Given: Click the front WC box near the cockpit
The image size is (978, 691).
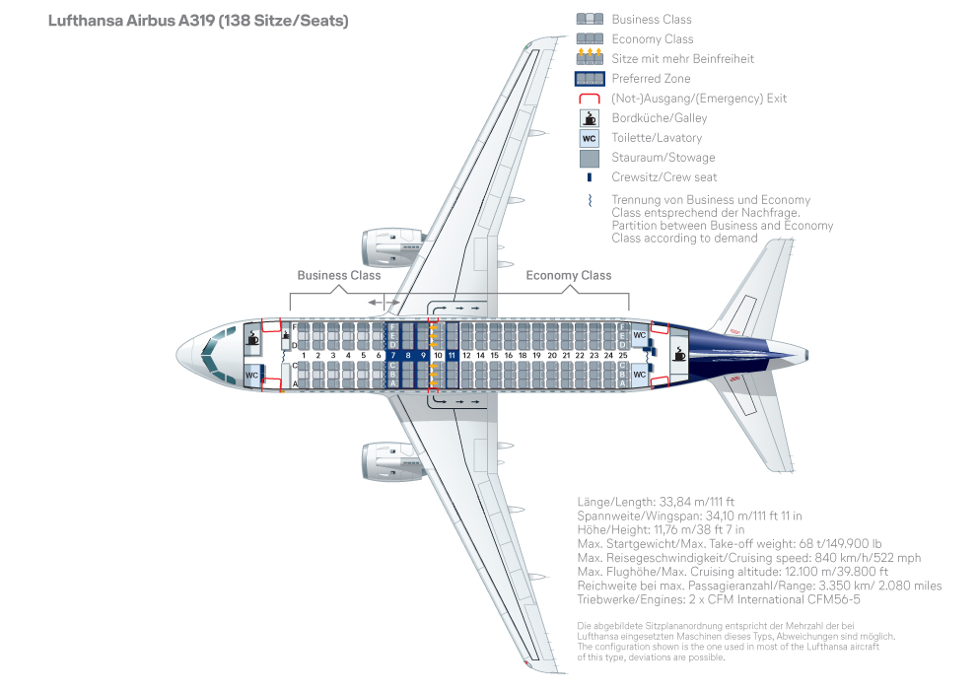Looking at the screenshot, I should (252, 375).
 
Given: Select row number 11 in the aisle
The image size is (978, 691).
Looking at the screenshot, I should (452, 355).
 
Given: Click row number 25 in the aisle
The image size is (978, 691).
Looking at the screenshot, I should (622, 355).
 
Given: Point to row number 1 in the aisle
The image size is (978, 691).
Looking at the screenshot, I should (304, 355).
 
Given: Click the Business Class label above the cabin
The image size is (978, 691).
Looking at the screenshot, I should (338, 276).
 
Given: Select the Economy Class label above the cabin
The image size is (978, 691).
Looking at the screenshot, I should (568, 276).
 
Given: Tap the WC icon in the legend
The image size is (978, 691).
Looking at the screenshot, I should (589, 138).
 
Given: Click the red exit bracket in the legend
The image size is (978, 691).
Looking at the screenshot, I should (589, 99).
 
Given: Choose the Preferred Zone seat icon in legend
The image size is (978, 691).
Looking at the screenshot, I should (589, 79).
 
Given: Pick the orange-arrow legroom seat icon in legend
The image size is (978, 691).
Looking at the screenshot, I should (589, 58).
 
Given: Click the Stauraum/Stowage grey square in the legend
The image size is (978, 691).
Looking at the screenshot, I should (589, 158).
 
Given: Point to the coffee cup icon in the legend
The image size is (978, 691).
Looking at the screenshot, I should (589, 118).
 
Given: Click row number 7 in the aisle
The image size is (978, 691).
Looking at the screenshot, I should (393, 355).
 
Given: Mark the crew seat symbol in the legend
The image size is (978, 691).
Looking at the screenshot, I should (589, 177).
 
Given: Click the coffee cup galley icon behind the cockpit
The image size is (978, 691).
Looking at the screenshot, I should (253, 337).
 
